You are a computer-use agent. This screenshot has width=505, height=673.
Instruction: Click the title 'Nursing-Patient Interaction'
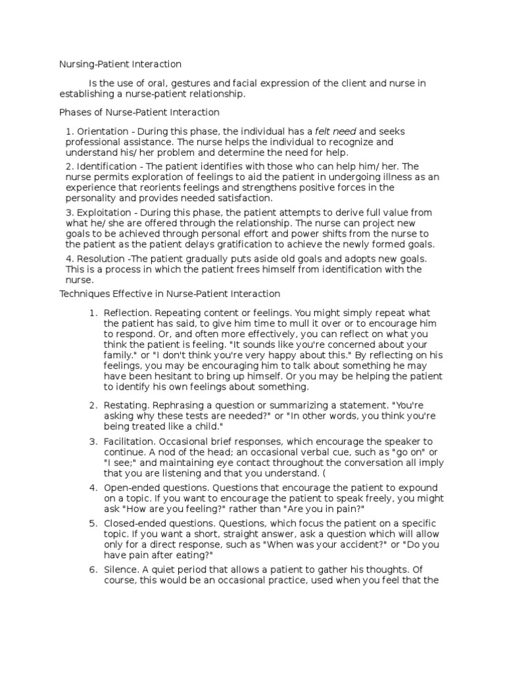(x=120, y=64)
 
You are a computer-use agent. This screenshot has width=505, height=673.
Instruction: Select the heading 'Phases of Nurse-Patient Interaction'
(x=139, y=112)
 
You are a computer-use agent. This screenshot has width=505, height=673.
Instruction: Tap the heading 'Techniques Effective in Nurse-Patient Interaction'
(x=170, y=294)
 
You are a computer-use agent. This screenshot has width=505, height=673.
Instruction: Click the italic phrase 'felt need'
(x=335, y=131)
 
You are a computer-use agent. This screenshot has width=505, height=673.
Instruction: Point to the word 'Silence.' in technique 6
(x=122, y=571)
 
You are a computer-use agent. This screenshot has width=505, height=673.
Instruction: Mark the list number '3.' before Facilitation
(x=93, y=441)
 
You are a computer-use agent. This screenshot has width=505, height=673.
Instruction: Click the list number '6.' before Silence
(x=93, y=571)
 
